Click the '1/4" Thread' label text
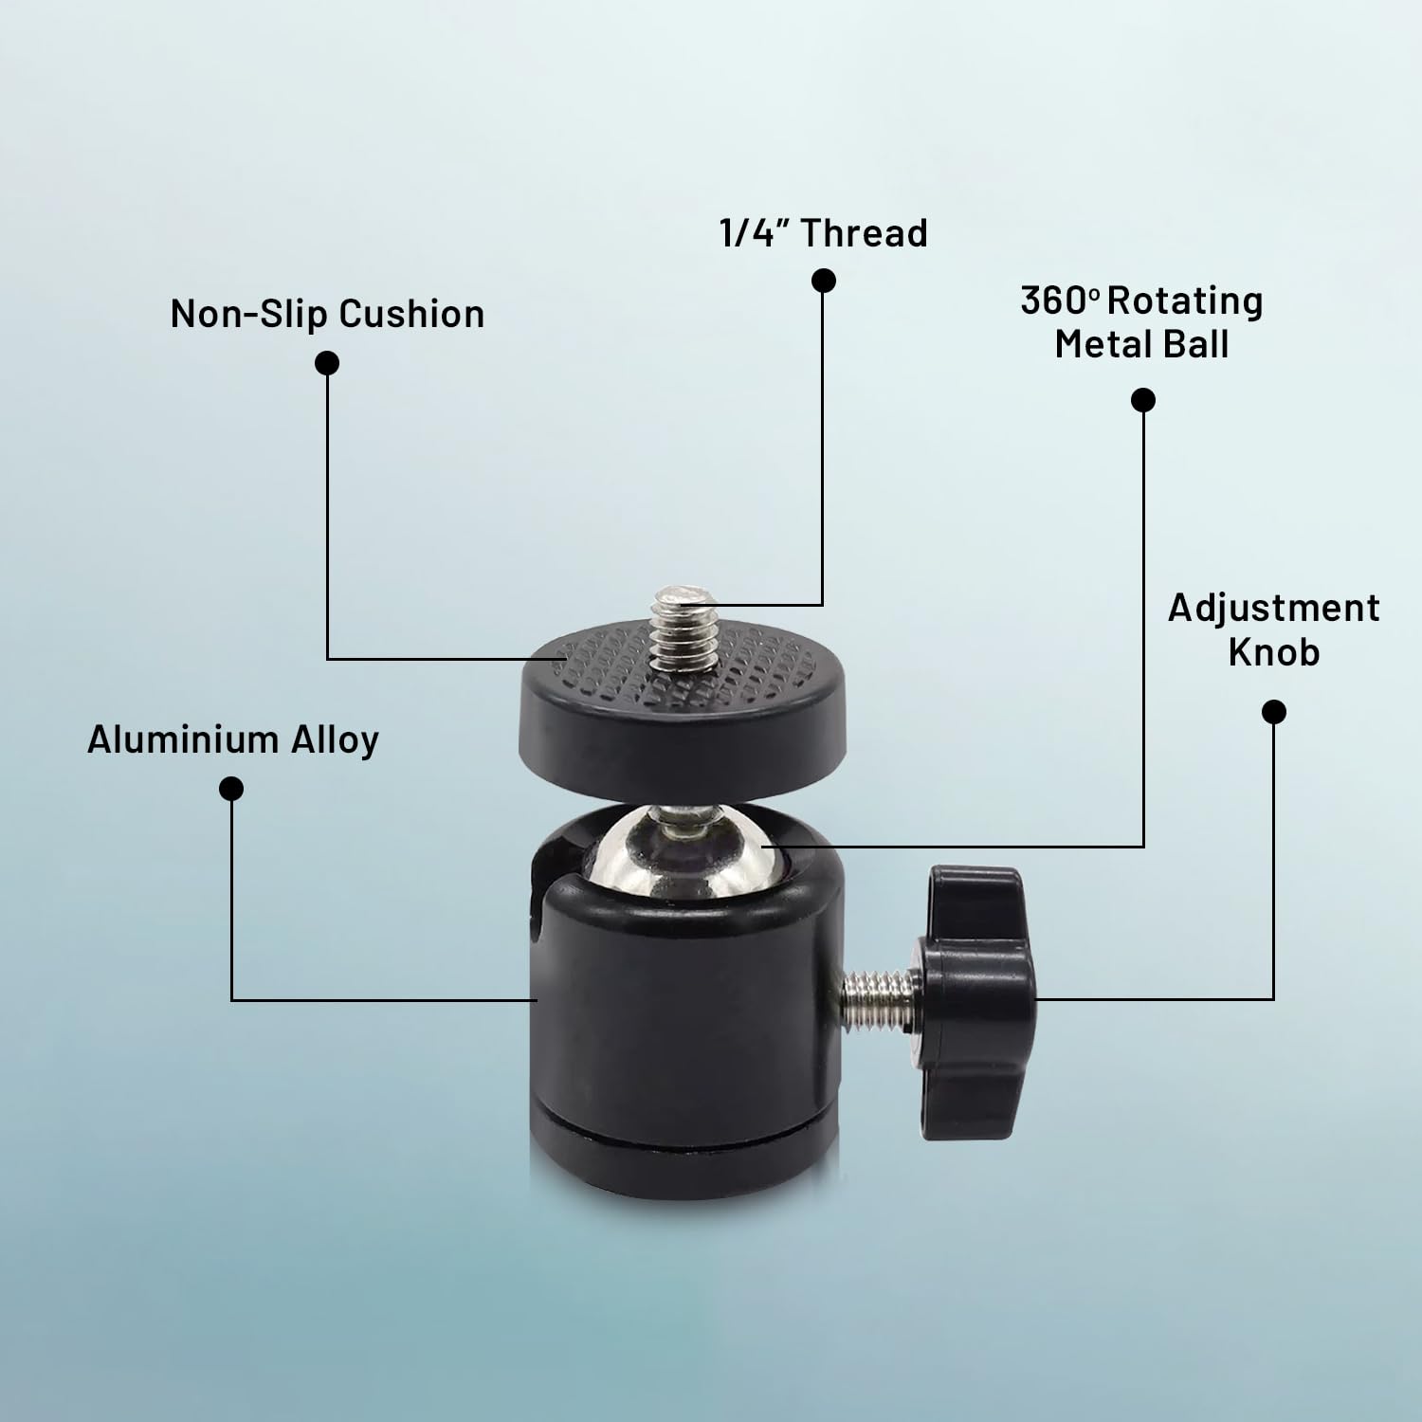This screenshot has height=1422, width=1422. [x=824, y=233]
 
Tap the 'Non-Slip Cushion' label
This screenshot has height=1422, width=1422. [x=327, y=314]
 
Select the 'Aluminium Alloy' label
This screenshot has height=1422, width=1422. [x=233, y=739]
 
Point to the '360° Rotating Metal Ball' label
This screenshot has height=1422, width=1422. [x=1142, y=322]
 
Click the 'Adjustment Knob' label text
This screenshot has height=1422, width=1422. [x=1274, y=629]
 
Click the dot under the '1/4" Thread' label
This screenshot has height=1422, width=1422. [x=824, y=281]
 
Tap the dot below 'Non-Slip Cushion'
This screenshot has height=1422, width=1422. [x=327, y=363]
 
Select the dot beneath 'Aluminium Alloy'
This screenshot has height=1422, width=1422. [x=231, y=789]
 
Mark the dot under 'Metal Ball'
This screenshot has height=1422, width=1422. [x=1144, y=400]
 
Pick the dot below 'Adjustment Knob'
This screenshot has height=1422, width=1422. [x=1275, y=712]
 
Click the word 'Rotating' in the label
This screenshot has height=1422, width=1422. [x=1185, y=301]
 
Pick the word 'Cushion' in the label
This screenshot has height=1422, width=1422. [x=411, y=314]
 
